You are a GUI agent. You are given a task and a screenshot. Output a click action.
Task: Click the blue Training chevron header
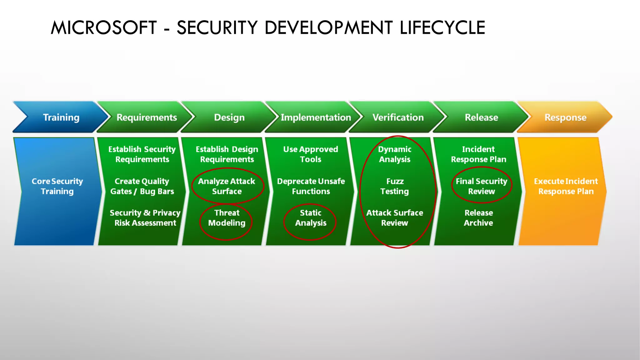(x=61, y=117)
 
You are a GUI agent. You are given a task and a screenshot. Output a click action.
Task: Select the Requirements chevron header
(x=147, y=117)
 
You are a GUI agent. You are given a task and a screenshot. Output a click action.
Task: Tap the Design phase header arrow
(x=229, y=117)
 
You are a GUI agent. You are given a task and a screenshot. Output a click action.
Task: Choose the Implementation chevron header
(x=316, y=117)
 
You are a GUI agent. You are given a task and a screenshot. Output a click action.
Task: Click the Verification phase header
(x=398, y=117)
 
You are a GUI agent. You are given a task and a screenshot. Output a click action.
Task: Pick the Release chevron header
(x=481, y=117)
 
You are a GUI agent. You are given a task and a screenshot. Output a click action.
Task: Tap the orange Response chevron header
(x=565, y=117)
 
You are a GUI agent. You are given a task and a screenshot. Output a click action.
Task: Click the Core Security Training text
(x=57, y=186)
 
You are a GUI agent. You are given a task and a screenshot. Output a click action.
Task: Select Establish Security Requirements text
(x=142, y=154)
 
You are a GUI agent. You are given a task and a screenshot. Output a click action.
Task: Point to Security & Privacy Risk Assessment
(x=145, y=218)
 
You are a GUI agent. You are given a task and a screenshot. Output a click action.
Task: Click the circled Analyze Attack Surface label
(x=227, y=186)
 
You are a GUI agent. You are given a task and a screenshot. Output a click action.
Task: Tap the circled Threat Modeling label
(x=227, y=218)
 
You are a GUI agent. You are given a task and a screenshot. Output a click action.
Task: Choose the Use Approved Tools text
(x=311, y=154)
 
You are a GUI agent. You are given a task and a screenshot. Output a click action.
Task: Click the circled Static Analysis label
(x=311, y=218)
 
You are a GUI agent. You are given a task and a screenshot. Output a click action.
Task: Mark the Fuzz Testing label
(x=395, y=186)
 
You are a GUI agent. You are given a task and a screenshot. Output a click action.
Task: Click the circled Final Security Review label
(x=481, y=186)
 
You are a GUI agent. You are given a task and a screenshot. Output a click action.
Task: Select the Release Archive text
(x=478, y=218)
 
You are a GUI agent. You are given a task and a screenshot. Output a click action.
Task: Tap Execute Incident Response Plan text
(x=566, y=186)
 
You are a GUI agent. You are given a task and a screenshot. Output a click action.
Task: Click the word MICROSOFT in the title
(x=104, y=27)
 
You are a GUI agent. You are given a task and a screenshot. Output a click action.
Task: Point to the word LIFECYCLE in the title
(x=442, y=27)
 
